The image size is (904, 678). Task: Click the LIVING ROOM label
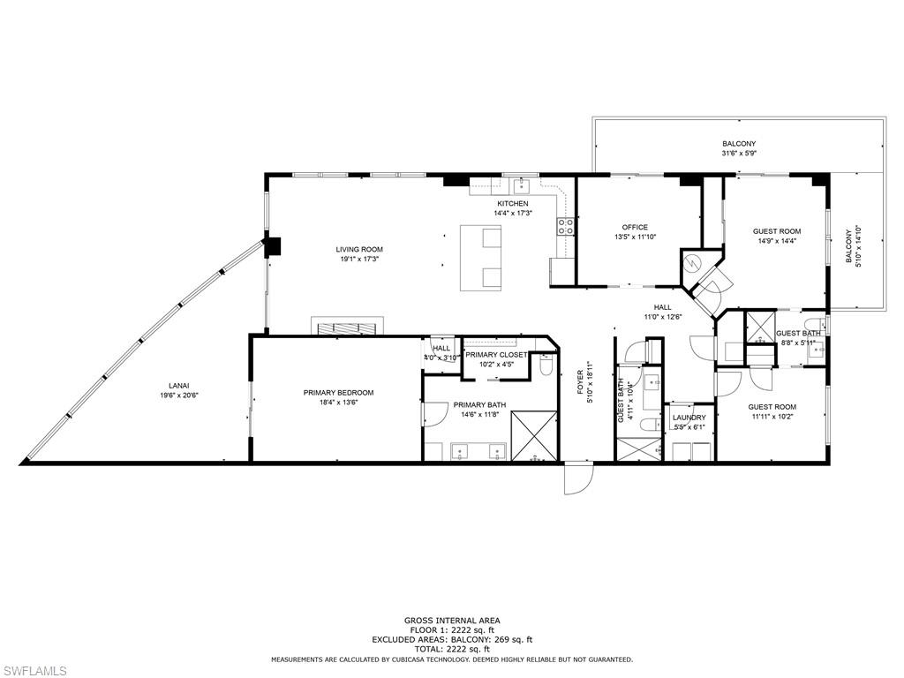[358, 249]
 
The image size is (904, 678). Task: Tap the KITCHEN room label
[512, 204]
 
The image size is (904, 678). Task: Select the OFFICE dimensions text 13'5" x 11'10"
[634, 237]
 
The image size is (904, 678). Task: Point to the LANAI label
[179, 385]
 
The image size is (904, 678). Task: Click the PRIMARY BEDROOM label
[338, 393]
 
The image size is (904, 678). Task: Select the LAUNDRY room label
[689, 418]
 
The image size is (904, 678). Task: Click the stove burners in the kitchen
[565, 227]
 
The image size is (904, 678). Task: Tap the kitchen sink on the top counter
[522, 185]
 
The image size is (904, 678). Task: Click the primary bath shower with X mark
[535, 435]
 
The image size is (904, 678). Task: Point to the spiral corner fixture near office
[693, 262]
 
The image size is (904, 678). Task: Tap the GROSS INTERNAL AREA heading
[451, 621]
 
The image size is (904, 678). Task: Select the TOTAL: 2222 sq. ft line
[451, 649]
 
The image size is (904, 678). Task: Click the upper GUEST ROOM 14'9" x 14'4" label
[777, 231]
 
